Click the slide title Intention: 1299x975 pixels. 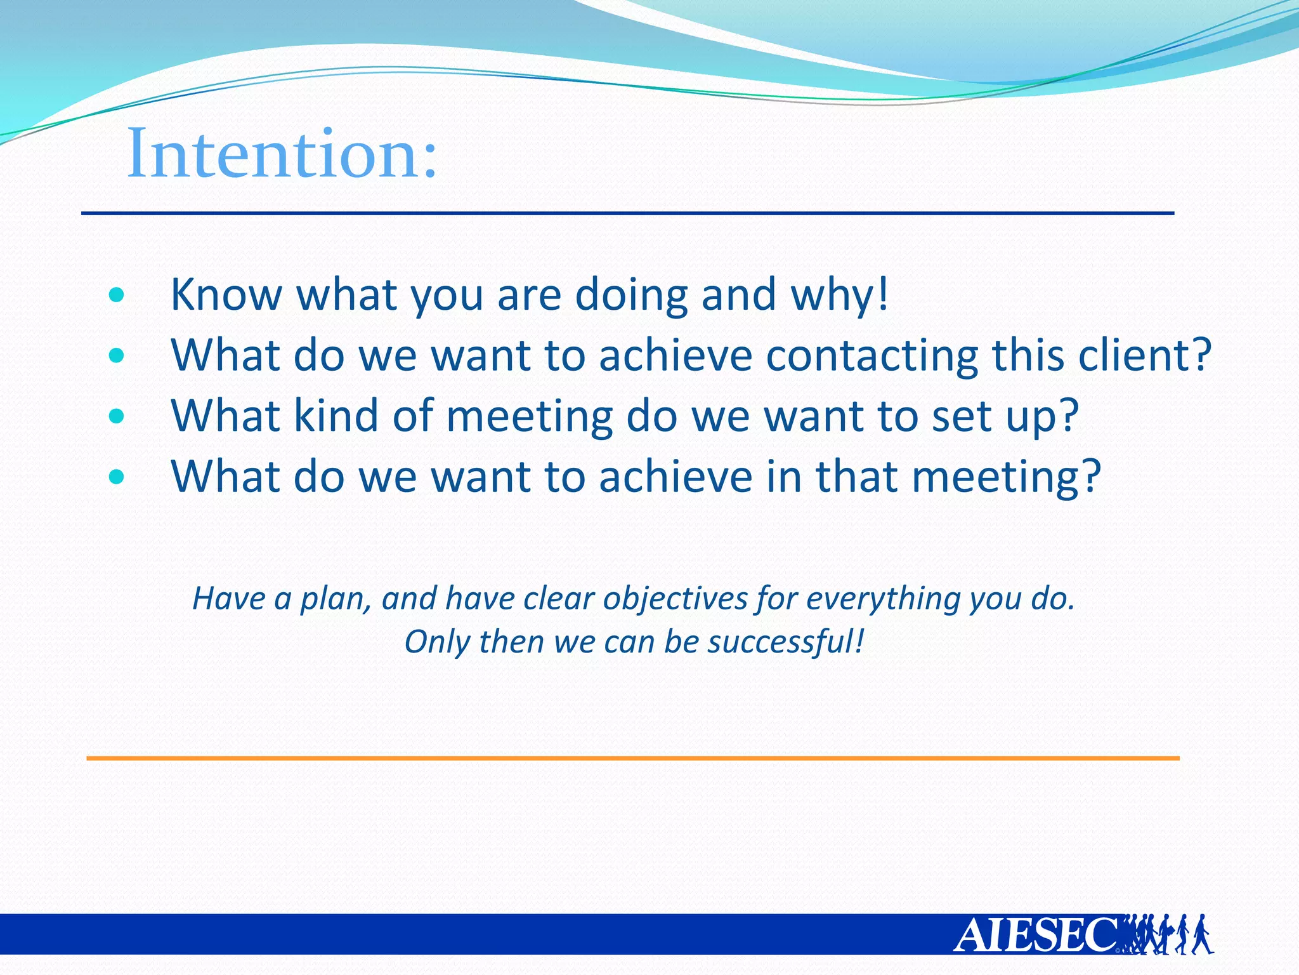pyautogui.click(x=282, y=154)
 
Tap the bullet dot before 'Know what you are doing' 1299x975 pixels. pyautogui.click(x=116, y=295)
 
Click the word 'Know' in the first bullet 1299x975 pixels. pyautogui.click(x=226, y=295)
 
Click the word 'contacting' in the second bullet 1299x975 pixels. pyautogui.click(x=872, y=355)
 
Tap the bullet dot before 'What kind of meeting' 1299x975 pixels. pyautogui.click(x=116, y=416)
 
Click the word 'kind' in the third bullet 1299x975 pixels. pyautogui.click(x=336, y=416)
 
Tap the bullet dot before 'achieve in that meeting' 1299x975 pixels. pyautogui.click(x=116, y=477)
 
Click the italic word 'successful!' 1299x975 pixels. pyautogui.click(x=786, y=642)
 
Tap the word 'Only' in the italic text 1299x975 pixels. pyautogui.click(x=437, y=642)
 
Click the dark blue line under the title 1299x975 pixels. pyautogui.click(x=628, y=213)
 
